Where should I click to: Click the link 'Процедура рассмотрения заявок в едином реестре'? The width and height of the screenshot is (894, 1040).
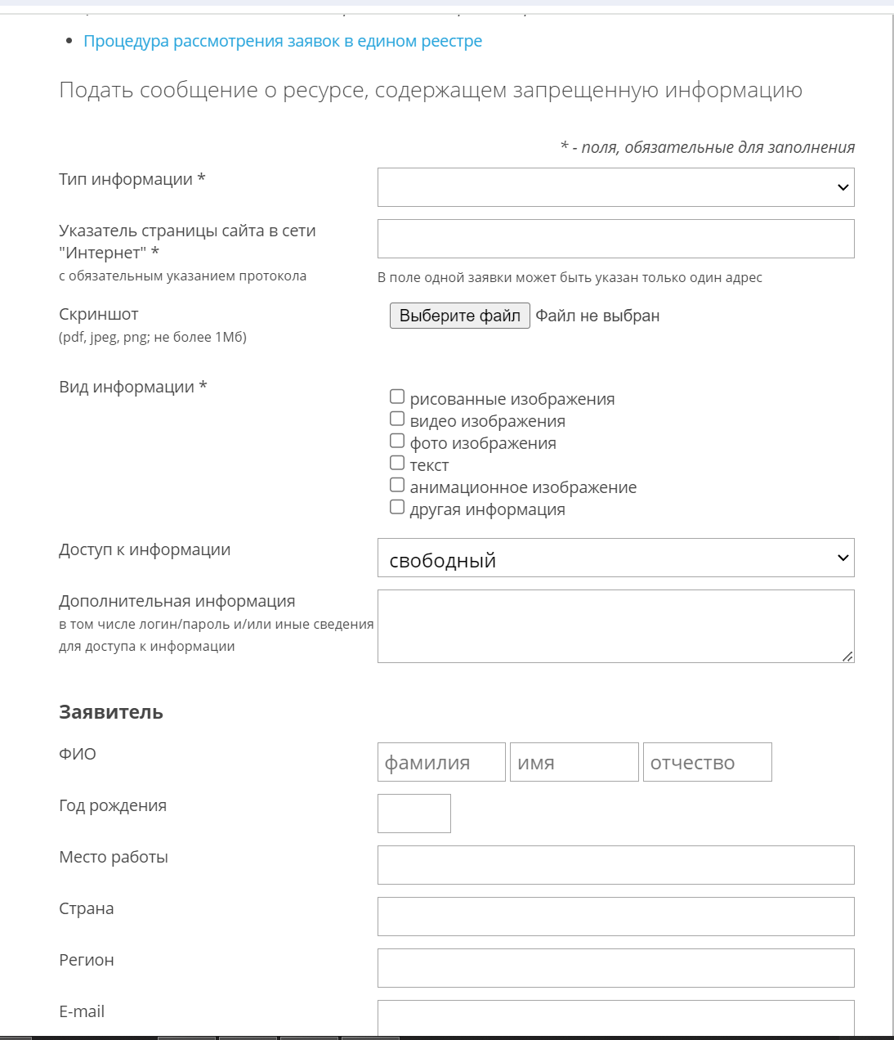pyautogui.click(x=283, y=41)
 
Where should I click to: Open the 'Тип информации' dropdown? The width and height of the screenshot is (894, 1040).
pyautogui.click(x=615, y=187)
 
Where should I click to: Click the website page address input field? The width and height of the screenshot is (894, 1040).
pyautogui.click(x=615, y=239)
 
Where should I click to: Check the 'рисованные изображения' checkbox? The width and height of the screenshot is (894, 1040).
pyautogui.click(x=397, y=397)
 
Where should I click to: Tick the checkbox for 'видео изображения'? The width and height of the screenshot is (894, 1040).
pyautogui.click(x=397, y=419)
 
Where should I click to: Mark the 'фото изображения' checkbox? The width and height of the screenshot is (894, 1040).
pyautogui.click(x=397, y=441)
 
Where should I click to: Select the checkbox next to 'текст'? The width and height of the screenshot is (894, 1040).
pyautogui.click(x=397, y=463)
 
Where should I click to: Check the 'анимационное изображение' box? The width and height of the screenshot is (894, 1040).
pyautogui.click(x=397, y=485)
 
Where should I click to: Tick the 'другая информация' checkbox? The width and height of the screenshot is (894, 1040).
pyautogui.click(x=397, y=507)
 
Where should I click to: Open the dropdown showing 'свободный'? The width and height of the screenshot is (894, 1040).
pyautogui.click(x=615, y=558)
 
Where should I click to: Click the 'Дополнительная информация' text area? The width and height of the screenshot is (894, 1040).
pyautogui.click(x=615, y=625)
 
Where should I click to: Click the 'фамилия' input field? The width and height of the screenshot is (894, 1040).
pyautogui.click(x=441, y=762)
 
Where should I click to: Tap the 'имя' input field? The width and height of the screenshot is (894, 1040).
pyautogui.click(x=574, y=762)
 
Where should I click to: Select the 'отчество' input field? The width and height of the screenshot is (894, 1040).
pyautogui.click(x=707, y=762)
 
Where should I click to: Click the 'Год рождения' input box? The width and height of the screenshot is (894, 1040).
pyautogui.click(x=413, y=814)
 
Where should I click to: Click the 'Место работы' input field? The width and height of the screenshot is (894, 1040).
pyautogui.click(x=615, y=865)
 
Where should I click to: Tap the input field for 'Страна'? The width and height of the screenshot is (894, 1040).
pyautogui.click(x=615, y=917)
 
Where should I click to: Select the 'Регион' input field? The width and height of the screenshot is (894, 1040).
pyautogui.click(x=615, y=968)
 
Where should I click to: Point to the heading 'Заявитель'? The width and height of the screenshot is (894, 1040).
pyautogui.click(x=111, y=712)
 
